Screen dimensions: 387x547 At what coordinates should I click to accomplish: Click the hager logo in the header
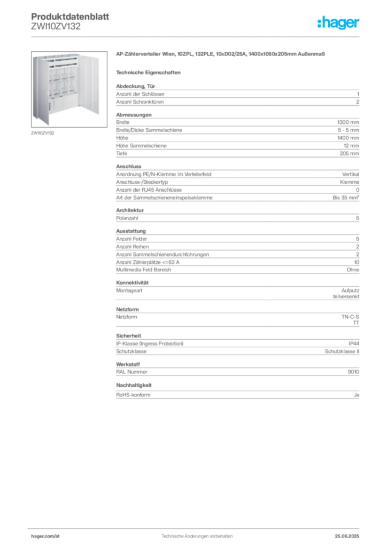pos(338,22)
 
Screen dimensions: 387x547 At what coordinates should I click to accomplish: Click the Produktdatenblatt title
pos(70,17)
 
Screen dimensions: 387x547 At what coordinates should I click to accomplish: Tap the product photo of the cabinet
pos(69,89)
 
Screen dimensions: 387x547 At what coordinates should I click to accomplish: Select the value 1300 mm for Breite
pos(348,122)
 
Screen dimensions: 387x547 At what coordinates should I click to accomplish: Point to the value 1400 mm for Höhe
pos(348,138)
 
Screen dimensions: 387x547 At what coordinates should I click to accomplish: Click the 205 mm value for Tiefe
pos(349,153)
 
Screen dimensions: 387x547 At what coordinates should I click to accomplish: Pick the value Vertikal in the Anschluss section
pos(350,174)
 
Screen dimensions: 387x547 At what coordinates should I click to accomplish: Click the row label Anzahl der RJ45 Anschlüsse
pos(149,190)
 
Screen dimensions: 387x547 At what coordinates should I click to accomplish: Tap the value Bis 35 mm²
pos(346,198)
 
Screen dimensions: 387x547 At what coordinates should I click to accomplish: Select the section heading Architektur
pos(130,210)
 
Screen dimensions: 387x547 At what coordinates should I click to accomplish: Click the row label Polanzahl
pos(127,218)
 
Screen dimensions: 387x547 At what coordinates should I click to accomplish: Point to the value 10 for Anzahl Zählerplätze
pos(357,262)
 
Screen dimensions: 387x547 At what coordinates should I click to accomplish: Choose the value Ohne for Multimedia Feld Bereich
pos(353,270)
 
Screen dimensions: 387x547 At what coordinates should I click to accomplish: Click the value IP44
pos(354,343)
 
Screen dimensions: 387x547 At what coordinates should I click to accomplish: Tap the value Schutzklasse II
pos(342,351)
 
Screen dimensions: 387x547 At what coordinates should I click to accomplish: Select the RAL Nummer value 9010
pos(353,372)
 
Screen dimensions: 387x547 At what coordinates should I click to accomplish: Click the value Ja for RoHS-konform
pos(357,395)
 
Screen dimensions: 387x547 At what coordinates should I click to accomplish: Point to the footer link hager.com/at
pos(45,536)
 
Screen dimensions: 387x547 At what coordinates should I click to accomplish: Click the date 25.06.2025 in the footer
pos(347,536)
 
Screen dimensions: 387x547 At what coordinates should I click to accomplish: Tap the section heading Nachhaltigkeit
pos(134,385)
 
